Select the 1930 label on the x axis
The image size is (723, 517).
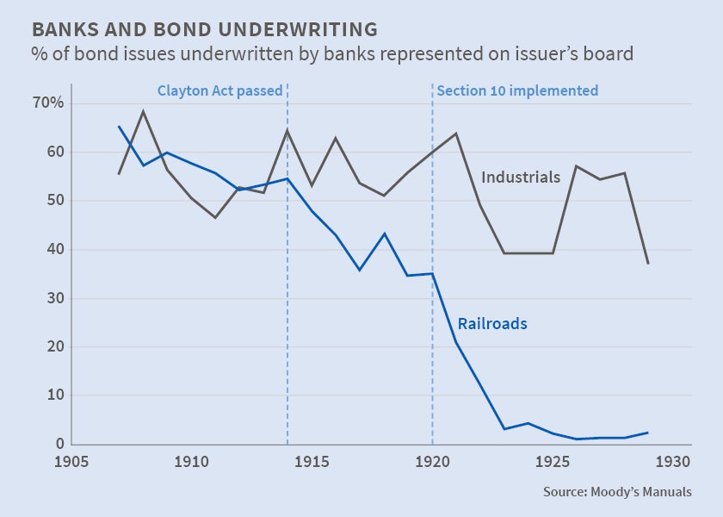click(x=673, y=461)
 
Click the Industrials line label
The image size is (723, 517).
click(x=521, y=178)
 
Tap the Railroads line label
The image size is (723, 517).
click(x=492, y=324)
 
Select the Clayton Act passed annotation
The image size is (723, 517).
click(x=219, y=90)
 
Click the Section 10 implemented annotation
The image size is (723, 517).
click(x=517, y=90)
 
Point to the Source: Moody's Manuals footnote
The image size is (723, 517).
click(x=617, y=492)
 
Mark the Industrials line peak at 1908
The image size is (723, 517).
click(x=144, y=111)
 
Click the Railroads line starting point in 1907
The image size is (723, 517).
click(x=119, y=127)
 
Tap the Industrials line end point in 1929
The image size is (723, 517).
click(x=647, y=263)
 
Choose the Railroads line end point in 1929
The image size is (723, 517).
click(x=647, y=433)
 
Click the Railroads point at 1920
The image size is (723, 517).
click(x=432, y=274)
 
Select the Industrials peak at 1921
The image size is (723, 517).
click(x=455, y=134)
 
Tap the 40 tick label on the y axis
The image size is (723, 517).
click(x=58, y=250)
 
